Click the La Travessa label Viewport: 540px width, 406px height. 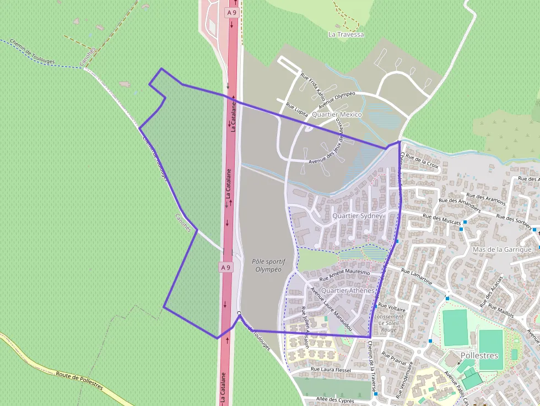coord(346,34)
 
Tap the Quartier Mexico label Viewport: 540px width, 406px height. coord(336,115)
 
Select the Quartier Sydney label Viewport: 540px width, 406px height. coord(357,216)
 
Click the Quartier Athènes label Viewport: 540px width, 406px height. coord(347,290)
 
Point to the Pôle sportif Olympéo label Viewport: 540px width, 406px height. coord(266,266)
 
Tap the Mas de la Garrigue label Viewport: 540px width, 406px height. coord(502,250)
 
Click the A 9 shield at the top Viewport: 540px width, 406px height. coord(231,10)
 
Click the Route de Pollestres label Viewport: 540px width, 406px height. coord(79,381)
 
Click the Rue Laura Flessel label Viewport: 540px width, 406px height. coord(331,370)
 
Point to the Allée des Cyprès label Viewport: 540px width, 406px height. coord(337,399)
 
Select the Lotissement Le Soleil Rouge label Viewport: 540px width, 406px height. coord(389,323)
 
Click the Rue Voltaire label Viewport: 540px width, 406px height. coord(393,306)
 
